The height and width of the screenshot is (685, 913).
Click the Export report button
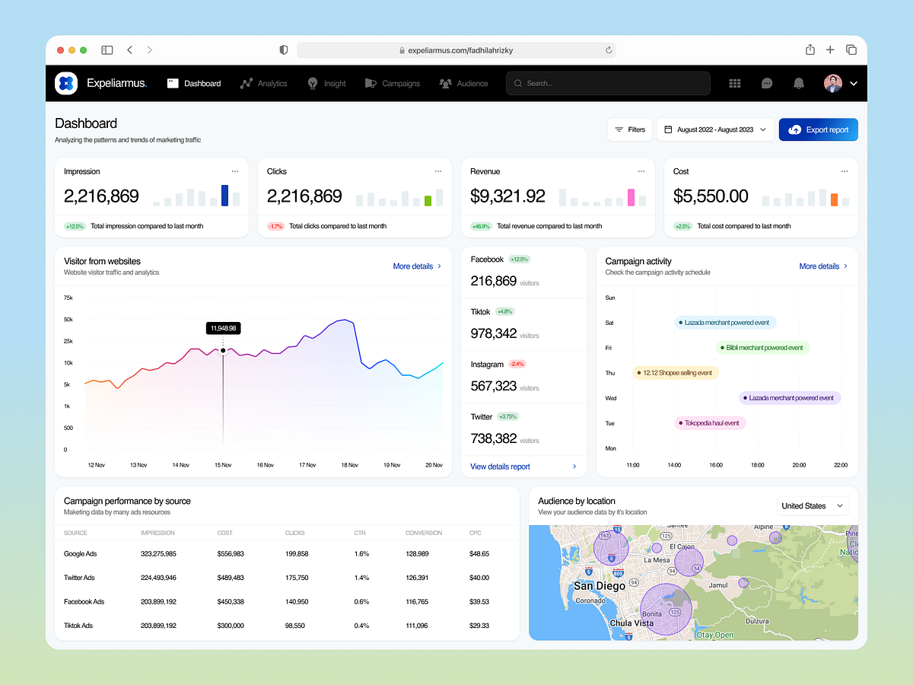(818, 130)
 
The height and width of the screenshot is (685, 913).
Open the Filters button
(629, 130)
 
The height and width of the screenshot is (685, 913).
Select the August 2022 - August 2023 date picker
(715, 130)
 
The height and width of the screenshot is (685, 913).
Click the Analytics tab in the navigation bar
(264, 84)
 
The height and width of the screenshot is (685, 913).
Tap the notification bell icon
(798, 84)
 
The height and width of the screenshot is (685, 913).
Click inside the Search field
(609, 84)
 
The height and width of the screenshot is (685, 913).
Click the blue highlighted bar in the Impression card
(224, 196)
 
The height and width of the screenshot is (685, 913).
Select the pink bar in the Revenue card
(631, 198)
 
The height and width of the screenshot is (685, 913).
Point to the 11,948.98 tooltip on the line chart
(223, 328)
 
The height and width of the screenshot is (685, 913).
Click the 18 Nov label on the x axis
(349, 465)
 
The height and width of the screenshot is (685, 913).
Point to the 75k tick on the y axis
(68, 298)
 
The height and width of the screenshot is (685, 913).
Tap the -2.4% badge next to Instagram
(517, 364)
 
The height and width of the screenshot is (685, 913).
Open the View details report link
(500, 467)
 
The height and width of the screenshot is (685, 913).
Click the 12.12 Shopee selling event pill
(676, 373)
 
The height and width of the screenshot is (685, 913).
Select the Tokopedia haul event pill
(710, 423)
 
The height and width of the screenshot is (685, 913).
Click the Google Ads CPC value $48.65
(479, 554)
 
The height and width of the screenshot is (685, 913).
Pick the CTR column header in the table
(360, 533)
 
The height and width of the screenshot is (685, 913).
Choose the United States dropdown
(813, 506)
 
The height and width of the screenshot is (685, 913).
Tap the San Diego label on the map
(600, 586)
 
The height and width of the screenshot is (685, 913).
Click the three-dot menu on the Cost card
(844, 171)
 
